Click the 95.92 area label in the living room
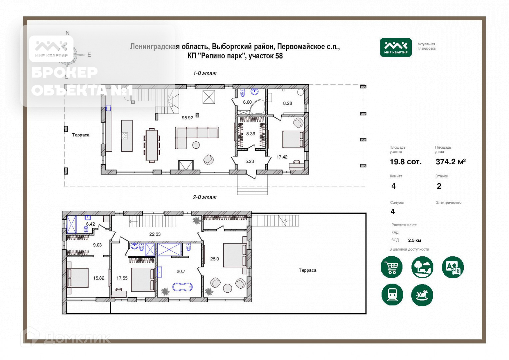tap(187, 118)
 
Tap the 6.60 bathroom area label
tap(247, 102)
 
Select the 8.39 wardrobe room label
tap(251, 134)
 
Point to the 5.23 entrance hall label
tap(250, 161)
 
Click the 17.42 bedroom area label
tap(282, 157)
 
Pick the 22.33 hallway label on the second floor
tap(155, 234)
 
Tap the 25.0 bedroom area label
tap(215, 259)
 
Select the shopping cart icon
tap(391, 267)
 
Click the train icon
tap(392, 295)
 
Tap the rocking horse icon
tap(422, 295)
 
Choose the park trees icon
tap(422, 267)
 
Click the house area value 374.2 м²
tap(451, 161)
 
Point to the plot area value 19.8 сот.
tap(406, 162)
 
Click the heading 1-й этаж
tap(205, 73)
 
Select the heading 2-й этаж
tap(204, 197)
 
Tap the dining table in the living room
tap(152, 145)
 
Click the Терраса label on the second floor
tap(307, 270)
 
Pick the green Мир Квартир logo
tap(396, 47)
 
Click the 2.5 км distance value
tap(414, 240)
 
